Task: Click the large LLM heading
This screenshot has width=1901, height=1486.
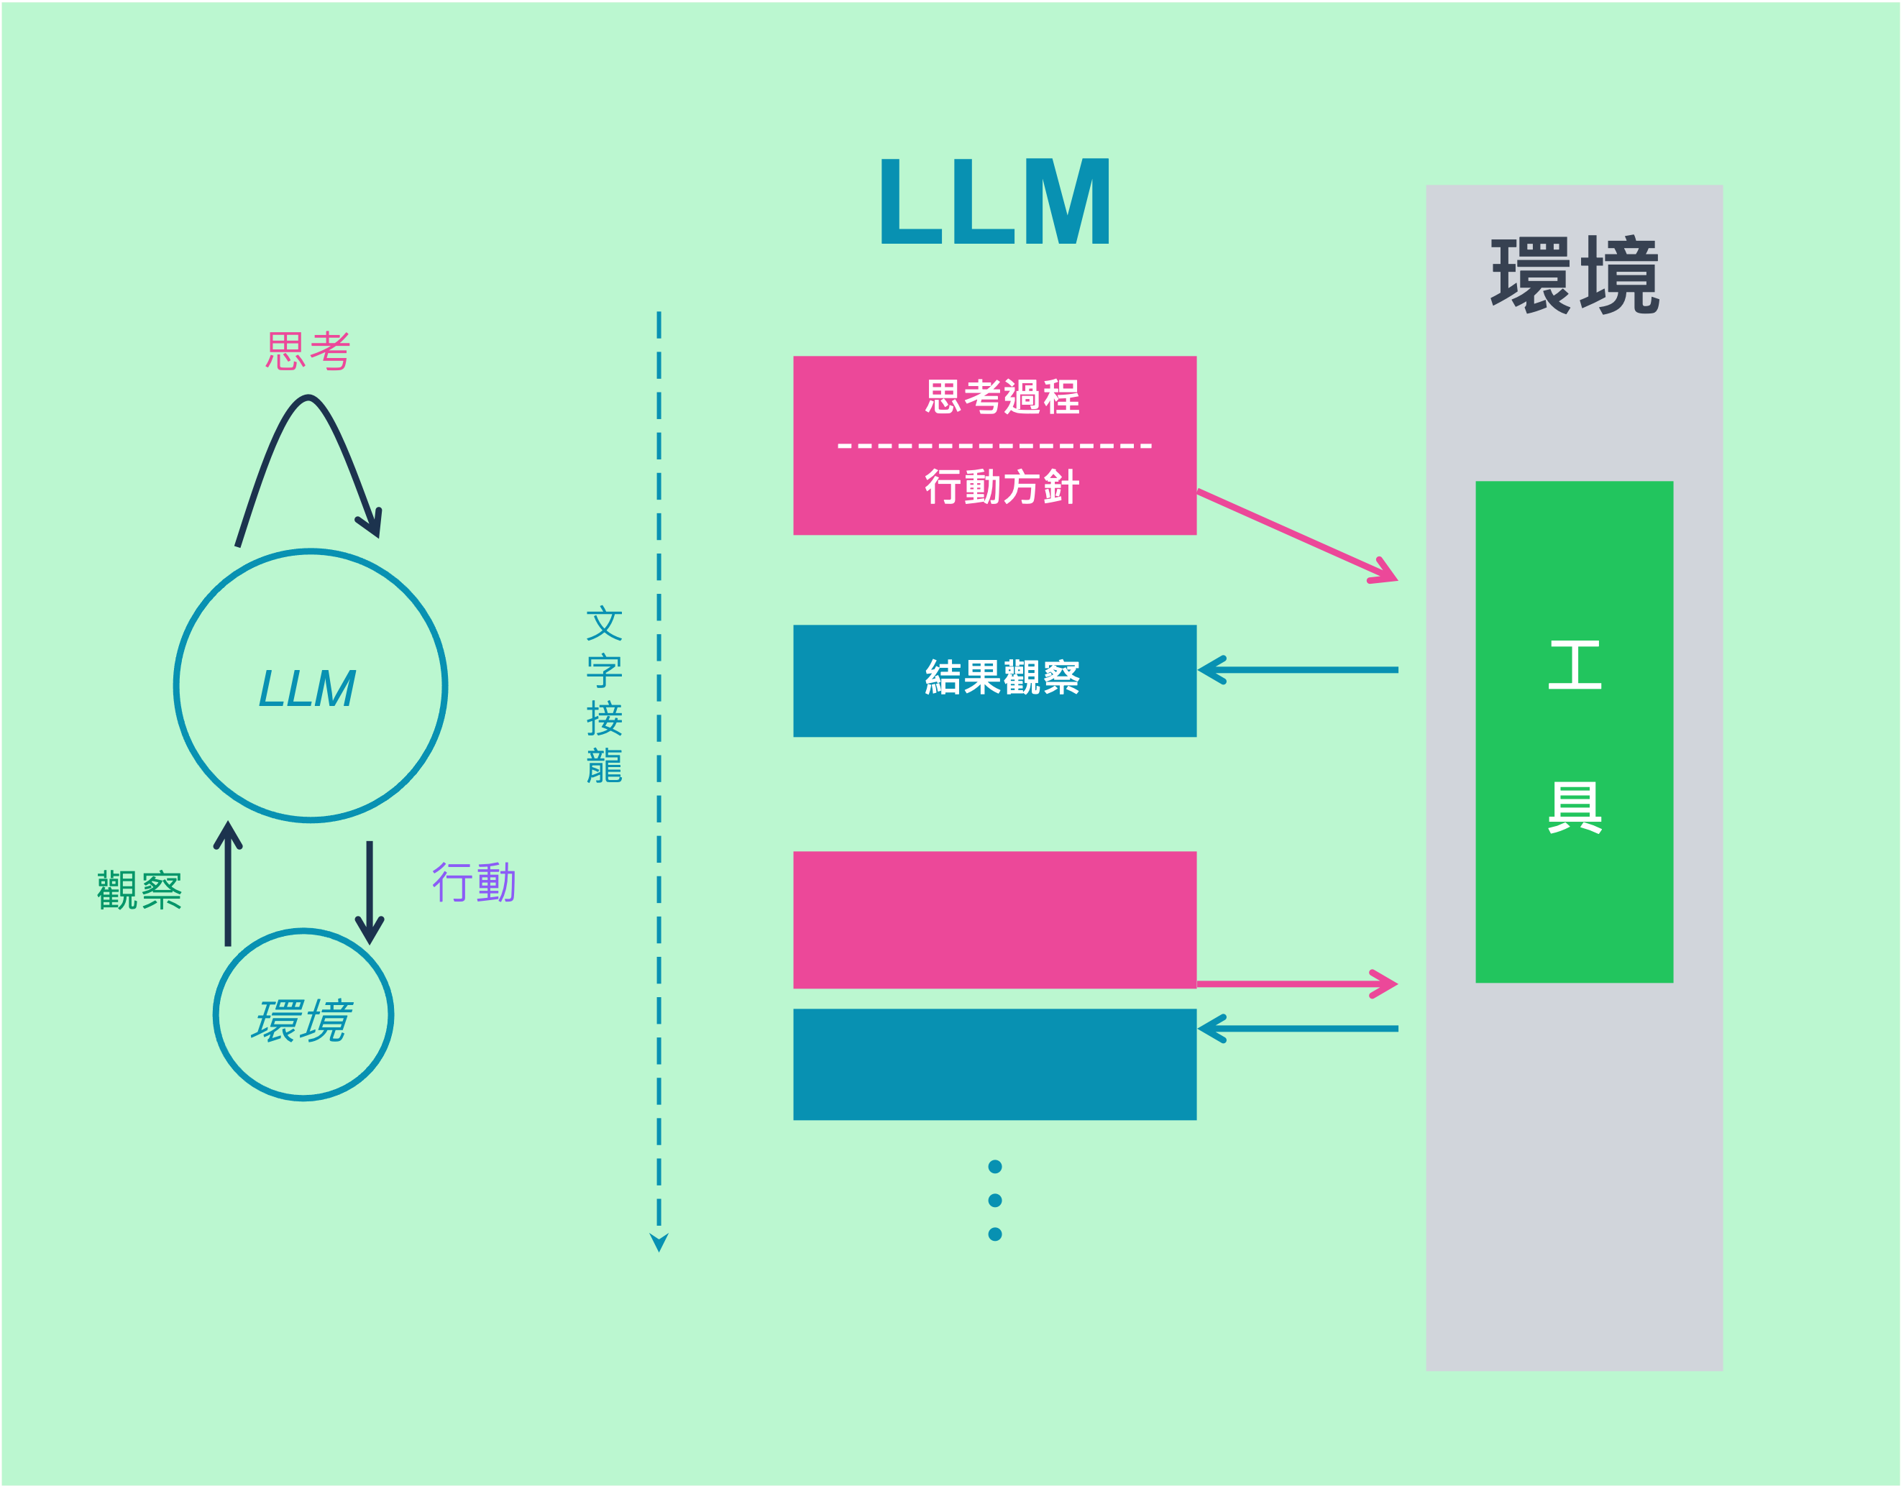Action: point(995,202)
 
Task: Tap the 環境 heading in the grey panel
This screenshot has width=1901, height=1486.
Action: point(1575,275)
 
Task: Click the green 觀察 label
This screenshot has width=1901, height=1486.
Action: point(139,890)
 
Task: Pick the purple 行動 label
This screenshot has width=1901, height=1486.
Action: point(475,883)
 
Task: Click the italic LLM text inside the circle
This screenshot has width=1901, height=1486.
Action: point(307,689)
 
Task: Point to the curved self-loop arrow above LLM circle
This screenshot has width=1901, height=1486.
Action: point(309,409)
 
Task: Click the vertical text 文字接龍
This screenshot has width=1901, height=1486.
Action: point(604,694)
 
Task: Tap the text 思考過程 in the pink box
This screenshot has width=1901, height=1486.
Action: point(1002,397)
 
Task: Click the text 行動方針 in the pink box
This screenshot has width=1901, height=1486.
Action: point(1002,487)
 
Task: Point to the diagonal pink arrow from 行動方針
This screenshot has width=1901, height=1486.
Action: point(1297,536)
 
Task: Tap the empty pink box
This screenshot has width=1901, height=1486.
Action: point(994,919)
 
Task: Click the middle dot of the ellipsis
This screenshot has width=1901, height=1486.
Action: point(995,1201)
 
